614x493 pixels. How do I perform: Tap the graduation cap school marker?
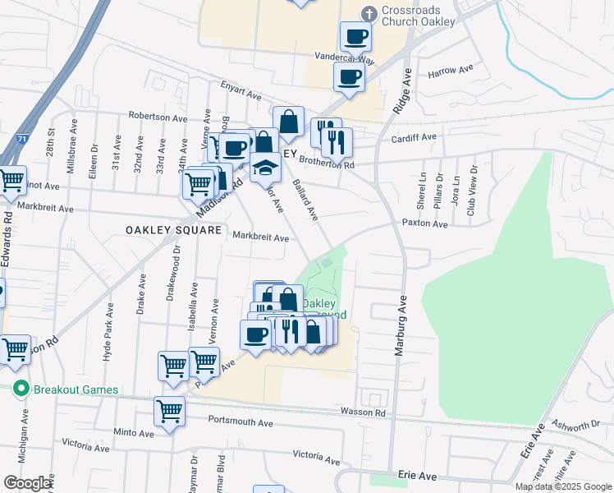click(264, 168)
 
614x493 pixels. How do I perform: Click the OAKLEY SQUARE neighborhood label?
click(174, 231)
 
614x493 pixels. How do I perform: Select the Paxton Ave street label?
click(424, 223)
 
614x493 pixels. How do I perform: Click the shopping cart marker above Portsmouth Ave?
click(170, 409)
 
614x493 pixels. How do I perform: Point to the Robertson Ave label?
click(158, 117)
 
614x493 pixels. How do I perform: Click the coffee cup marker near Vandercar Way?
click(355, 36)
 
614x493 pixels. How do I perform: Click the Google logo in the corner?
click(28, 483)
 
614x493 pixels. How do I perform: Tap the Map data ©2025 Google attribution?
click(562, 486)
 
